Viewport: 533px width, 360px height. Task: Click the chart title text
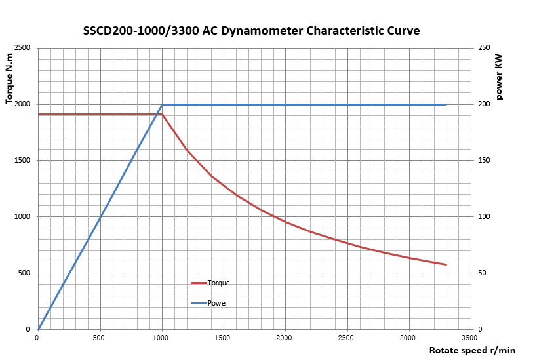pyautogui.click(x=251, y=31)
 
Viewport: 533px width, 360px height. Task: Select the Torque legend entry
pyautogui.click(x=210, y=283)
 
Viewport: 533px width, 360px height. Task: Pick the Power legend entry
pyautogui.click(x=209, y=303)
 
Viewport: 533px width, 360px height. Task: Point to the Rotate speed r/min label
pyautogui.click(x=473, y=350)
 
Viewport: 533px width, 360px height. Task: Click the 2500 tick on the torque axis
pyautogui.click(x=22, y=48)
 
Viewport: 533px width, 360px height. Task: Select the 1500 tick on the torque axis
pyautogui.click(x=22, y=161)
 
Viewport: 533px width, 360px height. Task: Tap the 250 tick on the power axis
pyautogui.click(x=484, y=48)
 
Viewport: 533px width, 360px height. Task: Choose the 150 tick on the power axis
pyautogui.click(x=484, y=161)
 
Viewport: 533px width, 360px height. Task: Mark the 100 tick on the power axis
pyautogui.click(x=484, y=216)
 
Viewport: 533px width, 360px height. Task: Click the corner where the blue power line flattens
pyautogui.click(x=162, y=104)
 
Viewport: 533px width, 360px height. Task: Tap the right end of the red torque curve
pyautogui.click(x=446, y=264)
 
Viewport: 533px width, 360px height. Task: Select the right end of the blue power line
pyautogui.click(x=446, y=104)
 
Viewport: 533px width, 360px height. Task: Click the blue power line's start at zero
pyautogui.click(x=39, y=329)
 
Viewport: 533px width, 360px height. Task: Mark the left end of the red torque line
pyautogui.click(x=39, y=115)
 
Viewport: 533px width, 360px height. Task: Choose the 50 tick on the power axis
pyautogui.click(x=483, y=273)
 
